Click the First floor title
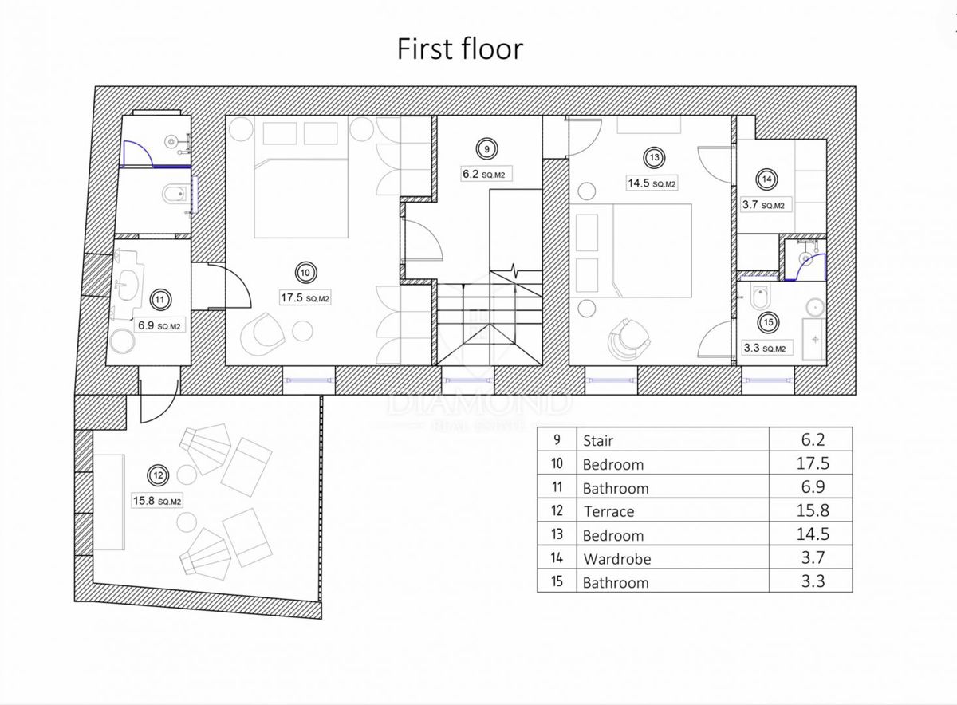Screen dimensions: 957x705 pos(460,49)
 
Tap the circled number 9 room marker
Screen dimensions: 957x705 pos(486,149)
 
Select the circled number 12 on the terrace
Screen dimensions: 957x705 pos(158,475)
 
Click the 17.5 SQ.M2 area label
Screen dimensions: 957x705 pos(305,297)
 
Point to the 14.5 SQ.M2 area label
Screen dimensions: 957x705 pos(652,183)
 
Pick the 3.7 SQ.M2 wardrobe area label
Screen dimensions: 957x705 pos(763,205)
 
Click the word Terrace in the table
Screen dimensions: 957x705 pos(608,511)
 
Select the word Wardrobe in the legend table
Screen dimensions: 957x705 pos(617,559)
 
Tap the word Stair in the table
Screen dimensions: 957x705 pos(598,440)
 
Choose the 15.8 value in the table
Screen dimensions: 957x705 pos(813,510)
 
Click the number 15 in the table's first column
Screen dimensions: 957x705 pos(557,581)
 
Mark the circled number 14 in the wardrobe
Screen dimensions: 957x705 pos(766,179)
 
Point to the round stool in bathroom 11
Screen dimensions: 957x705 pos(122,341)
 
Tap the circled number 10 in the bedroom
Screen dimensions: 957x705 pos(305,273)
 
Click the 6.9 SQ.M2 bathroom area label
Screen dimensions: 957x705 pos(159,326)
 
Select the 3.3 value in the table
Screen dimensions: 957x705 pos(813,581)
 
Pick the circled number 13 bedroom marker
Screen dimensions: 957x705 pos(654,158)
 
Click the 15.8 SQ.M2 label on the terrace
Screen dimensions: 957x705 pos(157,501)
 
